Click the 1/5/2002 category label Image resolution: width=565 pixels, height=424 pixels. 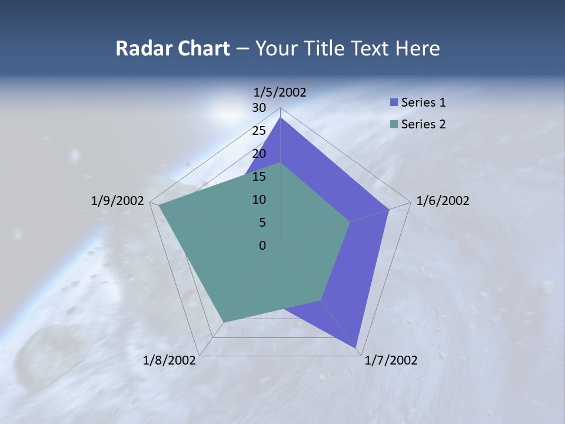(x=280, y=92)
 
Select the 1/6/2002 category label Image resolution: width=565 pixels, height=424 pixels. (x=443, y=201)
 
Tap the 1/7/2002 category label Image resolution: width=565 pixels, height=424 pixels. (x=391, y=360)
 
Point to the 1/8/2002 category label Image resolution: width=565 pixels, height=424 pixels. (x=169, y=360)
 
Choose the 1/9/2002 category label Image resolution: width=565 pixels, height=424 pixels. (x=118, y=201)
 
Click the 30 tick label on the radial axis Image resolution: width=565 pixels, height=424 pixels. (x=259, y=108)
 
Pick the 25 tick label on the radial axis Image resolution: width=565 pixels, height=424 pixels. (x=259, y=131)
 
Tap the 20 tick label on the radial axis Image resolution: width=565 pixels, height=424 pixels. (x=259, y=154)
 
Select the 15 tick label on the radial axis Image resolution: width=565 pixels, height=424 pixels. (x=259, y=177)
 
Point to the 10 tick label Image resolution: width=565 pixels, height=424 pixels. (x=259, y=200)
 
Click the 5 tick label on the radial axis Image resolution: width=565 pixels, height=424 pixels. (x=262, y=223)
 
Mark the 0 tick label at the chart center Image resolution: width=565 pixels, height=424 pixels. (x=262, y=246)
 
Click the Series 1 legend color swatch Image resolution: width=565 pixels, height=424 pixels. (x=394, y=102)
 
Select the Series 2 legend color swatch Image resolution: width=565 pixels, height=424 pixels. (x=394, y=124)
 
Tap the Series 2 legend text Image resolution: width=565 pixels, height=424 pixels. (x=423, y=124)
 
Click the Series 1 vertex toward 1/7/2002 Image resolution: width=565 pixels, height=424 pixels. (x=357, y=347)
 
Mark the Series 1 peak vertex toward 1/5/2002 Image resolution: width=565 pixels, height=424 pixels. (x=281, y=118)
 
